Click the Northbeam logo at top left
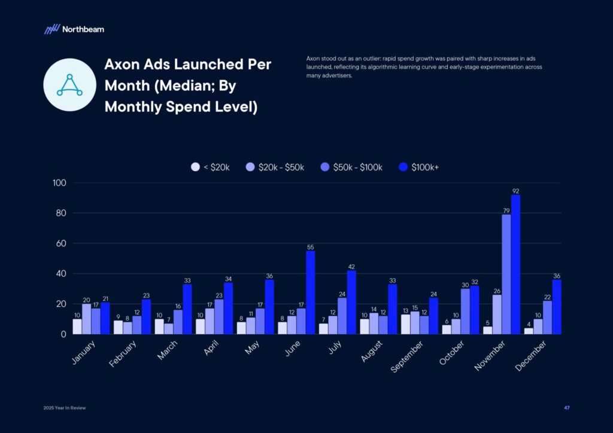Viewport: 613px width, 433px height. tap(74, 29)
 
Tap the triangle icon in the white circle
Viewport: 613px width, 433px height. tap(69, 85)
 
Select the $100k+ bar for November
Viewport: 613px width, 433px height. tap(515, 264)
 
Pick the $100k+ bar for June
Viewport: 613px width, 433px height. tap(310, 292)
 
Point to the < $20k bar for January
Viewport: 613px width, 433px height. tap(77, 327)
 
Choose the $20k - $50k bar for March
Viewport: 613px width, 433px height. tap(168, 328)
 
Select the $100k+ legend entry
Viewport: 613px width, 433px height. tap(418, 167)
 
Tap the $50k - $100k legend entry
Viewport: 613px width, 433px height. tap(350, 167)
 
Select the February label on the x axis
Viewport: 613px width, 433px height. tap(123, 354)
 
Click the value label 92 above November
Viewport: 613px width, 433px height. tap(515, 191)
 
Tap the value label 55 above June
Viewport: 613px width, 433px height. tap(310, 247)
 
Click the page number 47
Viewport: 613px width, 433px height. tap(566, 408)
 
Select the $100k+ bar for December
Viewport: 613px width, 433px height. tap(556, 307)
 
